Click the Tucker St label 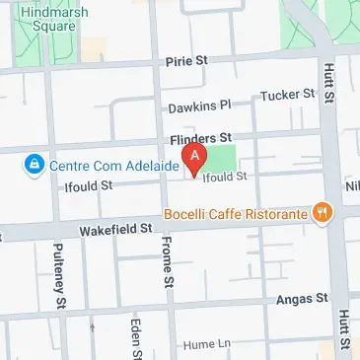[287, 96]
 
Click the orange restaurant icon [321, 212]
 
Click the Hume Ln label [206, 345]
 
